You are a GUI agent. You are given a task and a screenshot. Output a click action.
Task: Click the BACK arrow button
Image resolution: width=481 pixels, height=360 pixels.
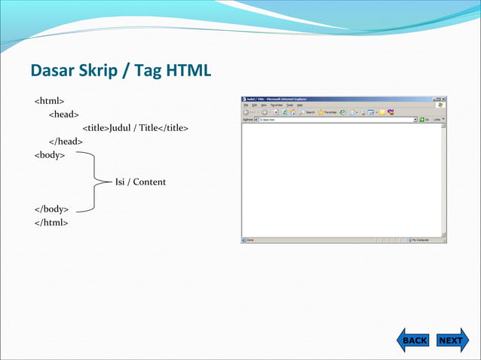[413, 340]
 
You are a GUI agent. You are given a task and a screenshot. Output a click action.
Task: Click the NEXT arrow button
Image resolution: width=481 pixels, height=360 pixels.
[452, 340]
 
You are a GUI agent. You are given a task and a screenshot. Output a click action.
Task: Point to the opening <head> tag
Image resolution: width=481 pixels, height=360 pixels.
[64, 114]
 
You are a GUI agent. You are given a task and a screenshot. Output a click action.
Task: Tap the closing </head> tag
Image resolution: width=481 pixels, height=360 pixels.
[66, 142]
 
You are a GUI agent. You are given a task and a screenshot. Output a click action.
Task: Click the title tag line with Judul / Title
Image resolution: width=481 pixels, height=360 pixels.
[135, 128]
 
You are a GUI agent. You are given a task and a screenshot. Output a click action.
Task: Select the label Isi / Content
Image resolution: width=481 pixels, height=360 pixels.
[140, 182]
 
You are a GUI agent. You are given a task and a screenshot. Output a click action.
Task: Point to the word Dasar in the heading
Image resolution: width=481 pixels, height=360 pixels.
[53, 71]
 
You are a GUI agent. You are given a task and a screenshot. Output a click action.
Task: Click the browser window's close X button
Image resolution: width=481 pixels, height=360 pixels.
[443, 99]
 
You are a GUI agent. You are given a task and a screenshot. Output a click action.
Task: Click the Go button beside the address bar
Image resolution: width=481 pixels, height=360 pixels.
[424, 119]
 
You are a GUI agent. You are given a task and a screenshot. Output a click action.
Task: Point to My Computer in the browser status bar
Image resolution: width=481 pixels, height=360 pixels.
[425, 240]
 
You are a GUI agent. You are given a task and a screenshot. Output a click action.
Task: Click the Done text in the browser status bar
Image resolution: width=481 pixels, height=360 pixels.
[252, 240]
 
